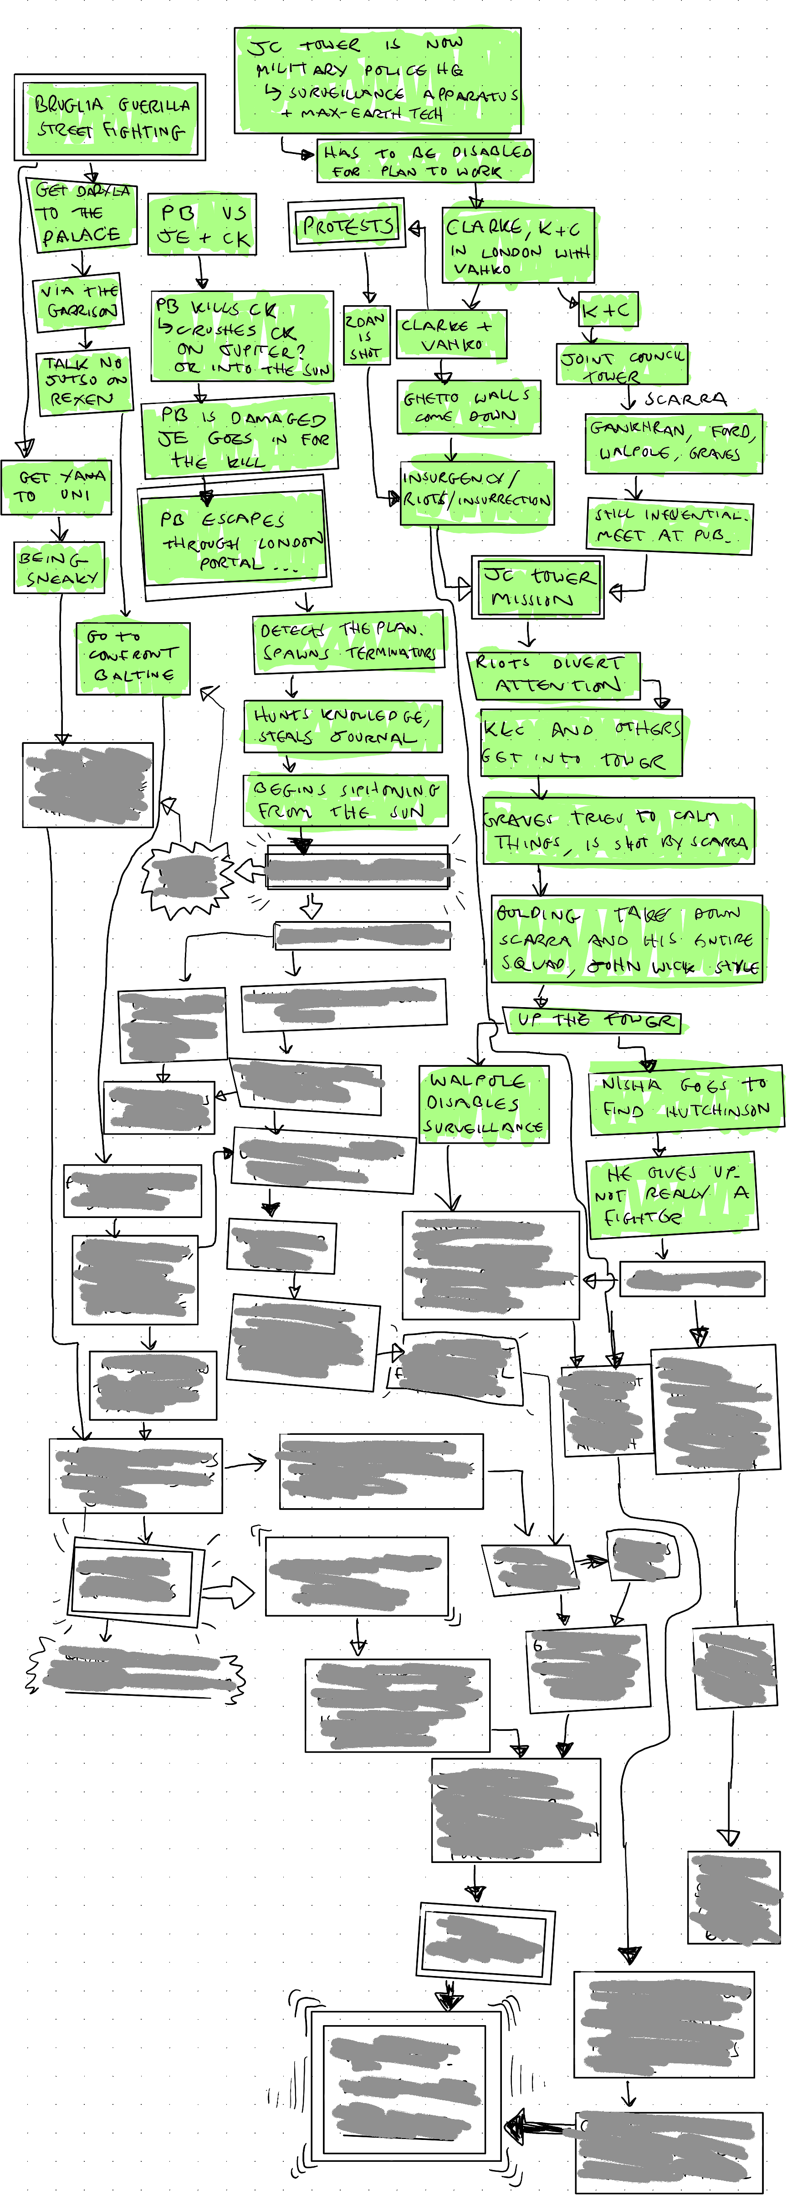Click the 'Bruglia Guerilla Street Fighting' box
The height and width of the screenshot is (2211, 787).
pos(110,118)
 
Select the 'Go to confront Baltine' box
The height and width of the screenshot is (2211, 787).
pos(132,657)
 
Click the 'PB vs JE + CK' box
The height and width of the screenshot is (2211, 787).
pos(203,225)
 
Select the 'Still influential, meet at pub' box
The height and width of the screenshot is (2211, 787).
pos(669,525)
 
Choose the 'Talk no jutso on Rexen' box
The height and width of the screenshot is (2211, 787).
pos(84,381)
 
